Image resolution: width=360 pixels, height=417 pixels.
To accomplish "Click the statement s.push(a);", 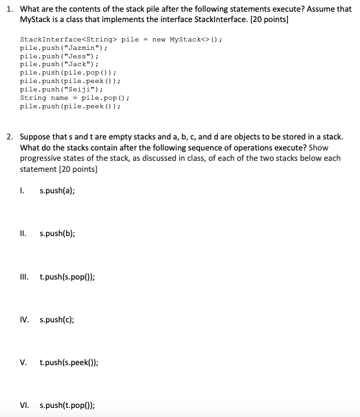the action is (x=57, y=191).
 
